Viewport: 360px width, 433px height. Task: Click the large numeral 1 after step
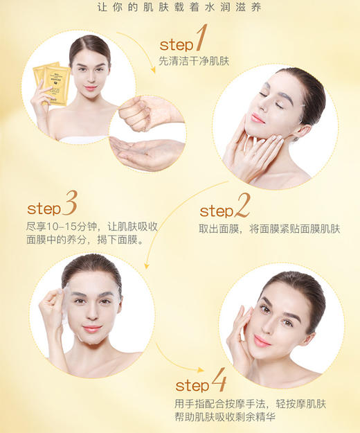(201, 39)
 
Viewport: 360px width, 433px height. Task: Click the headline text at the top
(180, 9)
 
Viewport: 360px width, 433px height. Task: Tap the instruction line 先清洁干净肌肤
(194, 60)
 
